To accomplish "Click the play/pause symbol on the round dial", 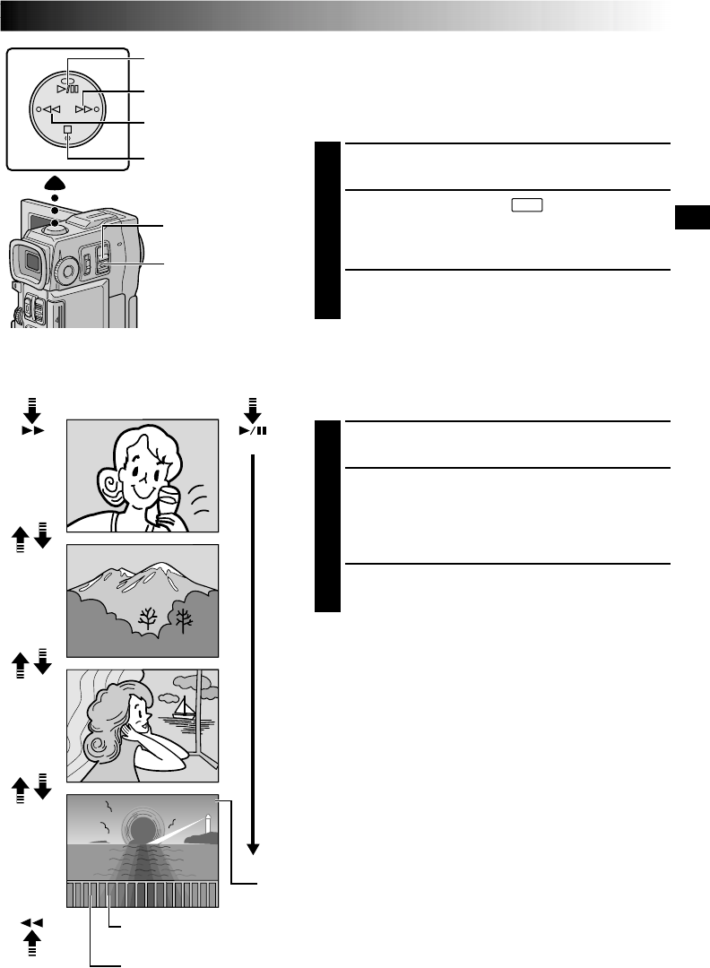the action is pos(67,89).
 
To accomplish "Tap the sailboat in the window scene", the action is pos(185,708).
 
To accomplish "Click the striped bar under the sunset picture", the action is pos(142,895).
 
